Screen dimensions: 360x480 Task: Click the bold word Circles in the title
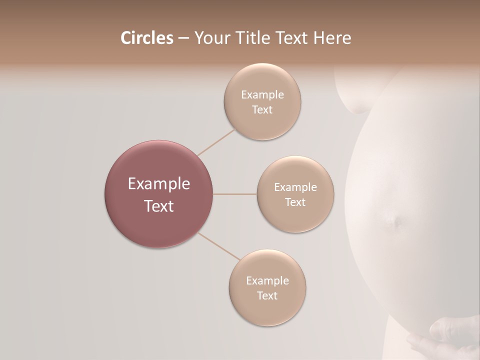(x=146, y=38)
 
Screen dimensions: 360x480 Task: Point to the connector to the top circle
(x=216, y=141)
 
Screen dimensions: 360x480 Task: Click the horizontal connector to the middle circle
(x=234, y=194)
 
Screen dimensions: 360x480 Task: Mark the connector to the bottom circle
(x=219, y=247)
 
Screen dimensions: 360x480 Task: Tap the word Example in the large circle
(x=158, y=184)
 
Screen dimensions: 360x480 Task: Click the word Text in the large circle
(x=158, y=206)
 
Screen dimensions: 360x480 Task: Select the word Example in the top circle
(x=262, y=95)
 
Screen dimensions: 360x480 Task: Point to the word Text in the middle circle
(x=295, y=202)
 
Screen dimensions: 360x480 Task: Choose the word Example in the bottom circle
(x=267, y=281)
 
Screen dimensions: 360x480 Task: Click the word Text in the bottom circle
(x=267, y=296)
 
